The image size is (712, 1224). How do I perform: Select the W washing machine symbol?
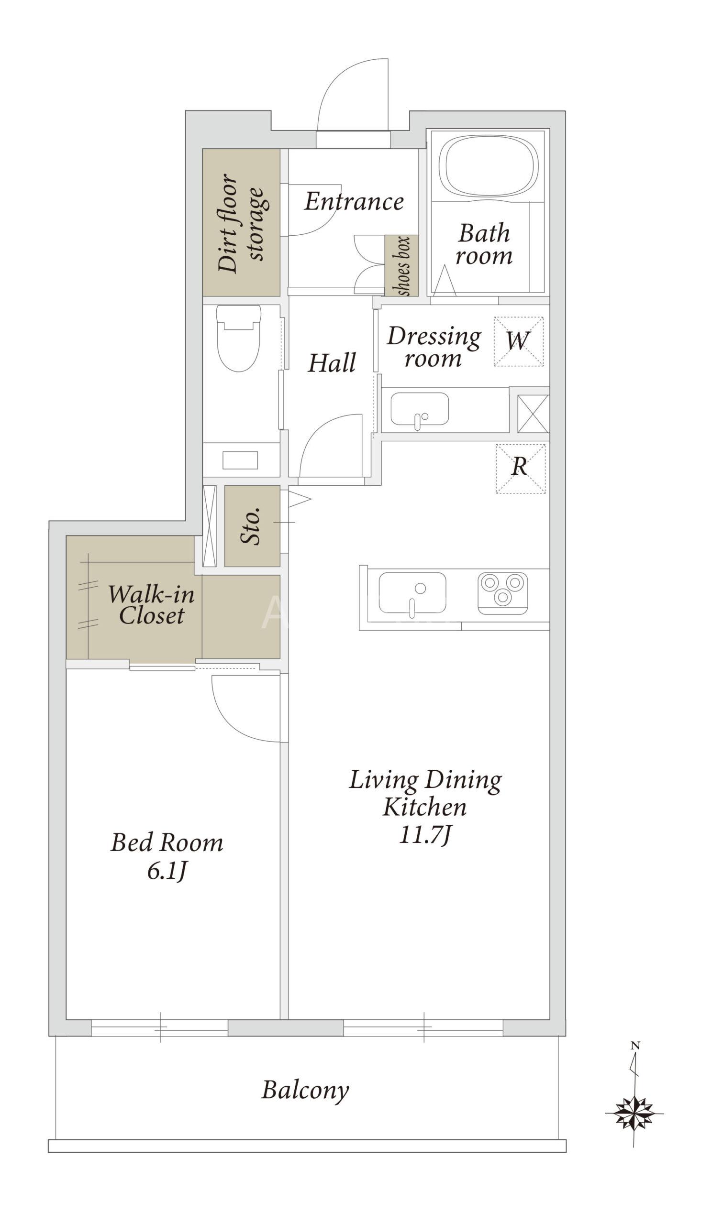point(519,341)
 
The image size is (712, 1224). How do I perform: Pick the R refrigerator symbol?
point(521,469)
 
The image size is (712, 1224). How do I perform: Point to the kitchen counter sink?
point(412,592)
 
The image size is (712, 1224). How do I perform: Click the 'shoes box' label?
point(403,266)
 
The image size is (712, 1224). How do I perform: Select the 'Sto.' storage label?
point(251,526)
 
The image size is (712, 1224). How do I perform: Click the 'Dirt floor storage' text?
point(241,223)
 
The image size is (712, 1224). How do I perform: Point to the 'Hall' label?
point(332,363)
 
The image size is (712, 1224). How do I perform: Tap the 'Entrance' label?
point(354,202)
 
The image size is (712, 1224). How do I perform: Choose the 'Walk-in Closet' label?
point(151,605)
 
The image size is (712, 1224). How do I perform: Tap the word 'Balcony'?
point(305,1091)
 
